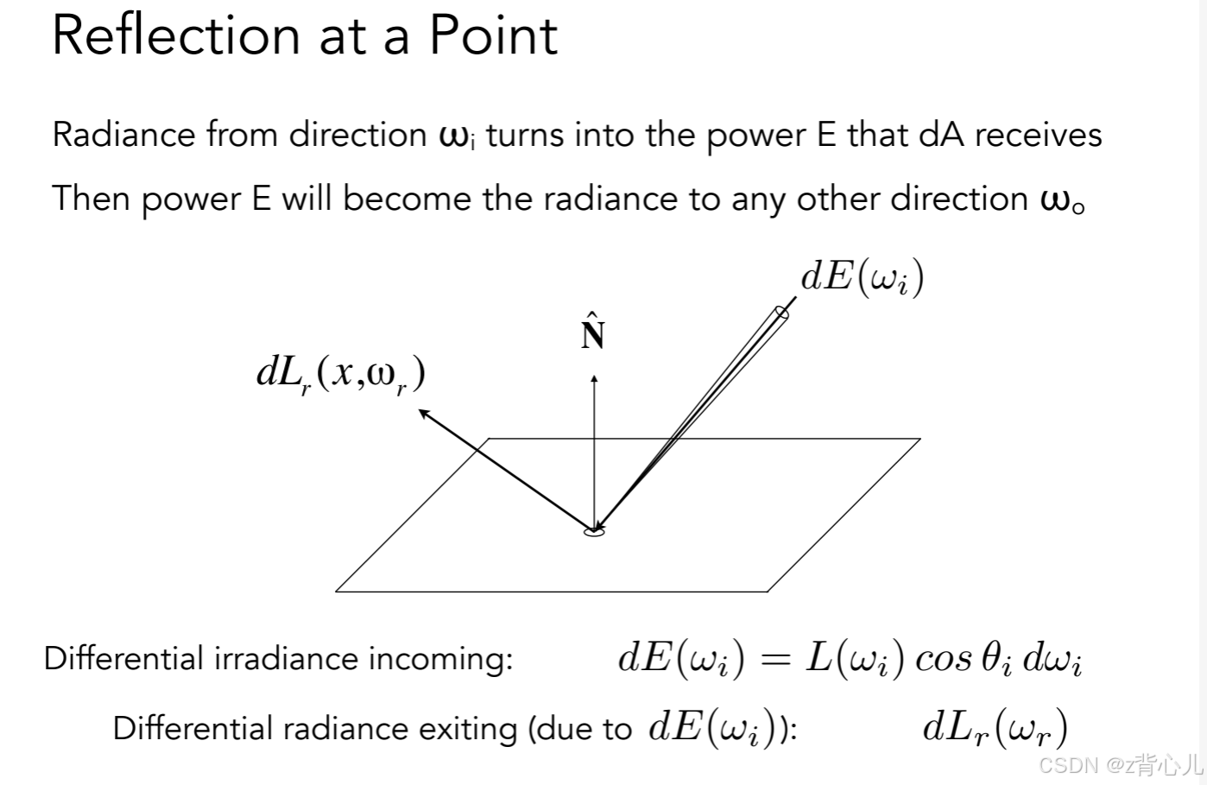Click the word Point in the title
point(493,36)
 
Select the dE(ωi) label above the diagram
point(862,277)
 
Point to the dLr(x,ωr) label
point(341,374)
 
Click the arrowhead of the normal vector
point(594,377)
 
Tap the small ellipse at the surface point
point(594,532)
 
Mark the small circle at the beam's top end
point(782,313)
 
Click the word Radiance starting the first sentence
point(124,136)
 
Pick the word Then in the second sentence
point(91,199)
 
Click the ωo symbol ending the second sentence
point(1062,200)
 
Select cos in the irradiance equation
point(943,660)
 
